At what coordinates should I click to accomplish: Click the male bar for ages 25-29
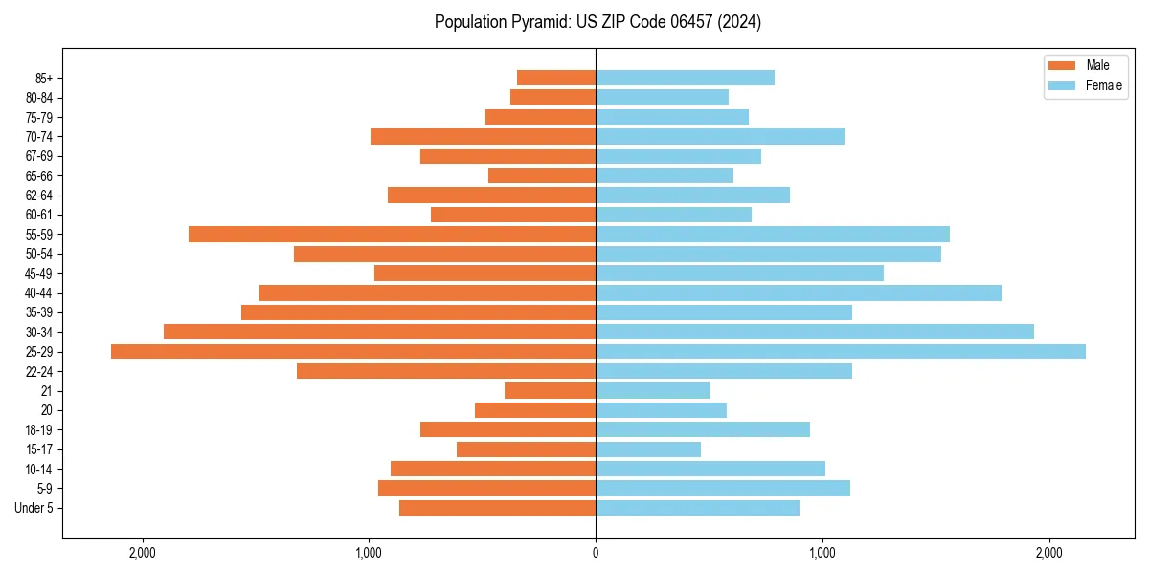pyautogui.click(x=353, y=352)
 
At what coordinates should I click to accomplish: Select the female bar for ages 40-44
pyautogui.click(x=799, y=292)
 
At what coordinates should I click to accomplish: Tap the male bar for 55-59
pyautogui.click(x=392, y=234)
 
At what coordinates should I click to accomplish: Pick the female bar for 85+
pyautogui.click(x=685, y=78)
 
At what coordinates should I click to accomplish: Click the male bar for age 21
pyautogui.click(x=550, y=390)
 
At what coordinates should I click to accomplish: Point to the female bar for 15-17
pyautogui.click(x=648, y=449)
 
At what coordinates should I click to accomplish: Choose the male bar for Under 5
pyautogui.click(x=497, y=508)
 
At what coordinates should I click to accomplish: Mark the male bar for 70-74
pyautogui.click(x=483, y=136)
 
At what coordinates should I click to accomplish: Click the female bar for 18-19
pyautogui.click(x=703, y=429)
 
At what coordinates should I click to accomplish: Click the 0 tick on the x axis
pyautogui.click(x=596, y=553)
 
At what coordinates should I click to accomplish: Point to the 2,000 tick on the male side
pyautogui.click(x=142, y=553)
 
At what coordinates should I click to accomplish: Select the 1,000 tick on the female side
pyautogui.click(x=822, y=553)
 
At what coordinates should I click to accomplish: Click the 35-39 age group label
pyautogui.click(x=39, y=312)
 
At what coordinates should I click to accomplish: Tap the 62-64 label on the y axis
pyautogui.click(x=39, y=195)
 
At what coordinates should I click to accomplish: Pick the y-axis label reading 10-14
pyautogui.click(x=39, y=469)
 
